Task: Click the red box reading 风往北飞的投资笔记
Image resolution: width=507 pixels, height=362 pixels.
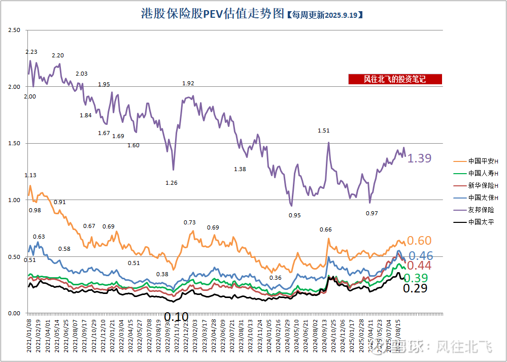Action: coord(395,79)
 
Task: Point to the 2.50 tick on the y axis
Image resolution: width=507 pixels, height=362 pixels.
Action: coord(14,30)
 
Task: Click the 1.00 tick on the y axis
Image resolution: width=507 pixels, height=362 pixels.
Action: coord(14,200)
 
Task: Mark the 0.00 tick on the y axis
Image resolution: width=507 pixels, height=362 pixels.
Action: coord(14,313)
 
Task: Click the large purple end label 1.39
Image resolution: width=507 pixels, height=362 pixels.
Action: coord(419,158)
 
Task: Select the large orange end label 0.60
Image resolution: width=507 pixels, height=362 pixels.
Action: coord(419,241)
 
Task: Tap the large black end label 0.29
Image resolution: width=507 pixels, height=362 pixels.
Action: coord(415,288)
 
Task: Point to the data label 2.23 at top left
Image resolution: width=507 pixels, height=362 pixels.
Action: coord(31,52)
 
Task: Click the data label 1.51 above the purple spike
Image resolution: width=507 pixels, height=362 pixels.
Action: coord(323,130)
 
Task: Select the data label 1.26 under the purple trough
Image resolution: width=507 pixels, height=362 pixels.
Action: coord(172,183)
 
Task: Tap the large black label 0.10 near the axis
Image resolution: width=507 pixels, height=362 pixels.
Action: coord(176,317)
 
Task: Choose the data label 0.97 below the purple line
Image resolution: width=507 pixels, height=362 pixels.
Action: coord(372,213)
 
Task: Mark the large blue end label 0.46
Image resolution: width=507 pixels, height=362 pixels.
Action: coord(421,256)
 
